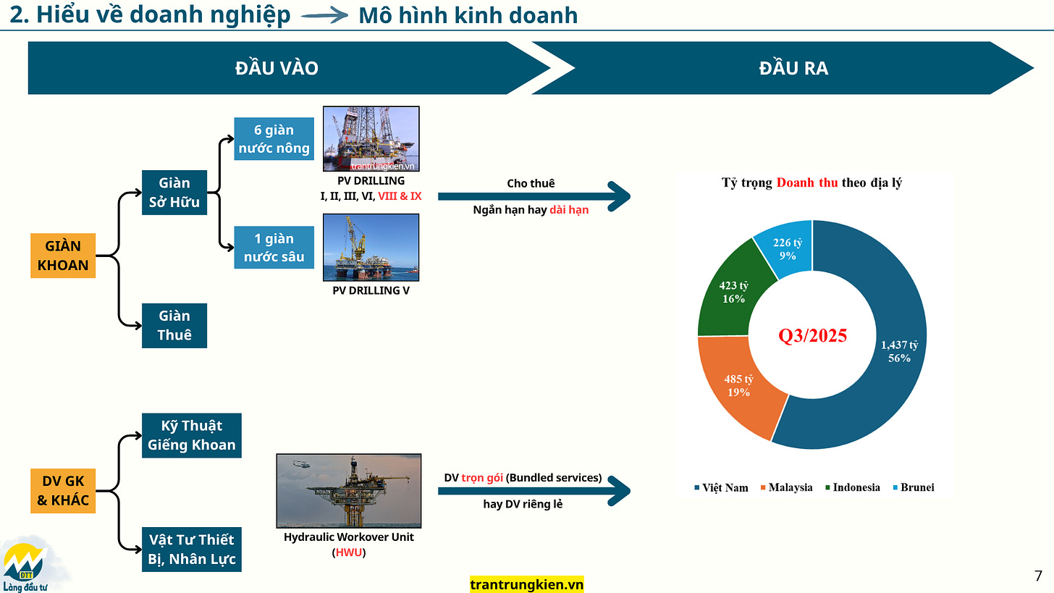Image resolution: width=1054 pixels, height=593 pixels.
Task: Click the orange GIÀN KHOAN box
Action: tap(63, 256)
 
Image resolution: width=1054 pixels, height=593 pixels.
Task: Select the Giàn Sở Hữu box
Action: tap(174, 193)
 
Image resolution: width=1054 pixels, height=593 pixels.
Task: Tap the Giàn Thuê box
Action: tap(174, 325)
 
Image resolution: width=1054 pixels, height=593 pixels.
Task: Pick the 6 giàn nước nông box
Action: tap(274, 139)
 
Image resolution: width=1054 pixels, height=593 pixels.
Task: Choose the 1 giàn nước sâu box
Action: tap(274, 248)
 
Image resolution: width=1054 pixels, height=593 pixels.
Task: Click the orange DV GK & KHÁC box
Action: tap(63, 491)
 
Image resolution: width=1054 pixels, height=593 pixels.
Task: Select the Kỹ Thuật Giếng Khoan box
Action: tap(192, 435)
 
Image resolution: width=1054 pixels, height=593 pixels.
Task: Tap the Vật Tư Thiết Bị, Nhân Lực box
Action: tap(192, 550)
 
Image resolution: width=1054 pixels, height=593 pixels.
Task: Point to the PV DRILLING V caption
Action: tap(370, 290)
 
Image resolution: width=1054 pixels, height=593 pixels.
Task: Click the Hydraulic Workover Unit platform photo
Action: tap(348, 490)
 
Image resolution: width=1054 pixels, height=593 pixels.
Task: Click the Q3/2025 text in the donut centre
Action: tap(812, 336)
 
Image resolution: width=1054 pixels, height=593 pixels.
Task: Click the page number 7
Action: tap(1039, 576)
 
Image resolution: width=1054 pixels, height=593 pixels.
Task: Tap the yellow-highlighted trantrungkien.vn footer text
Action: tap(526, 584)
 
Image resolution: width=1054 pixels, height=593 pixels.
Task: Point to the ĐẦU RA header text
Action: tap(793, 68)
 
